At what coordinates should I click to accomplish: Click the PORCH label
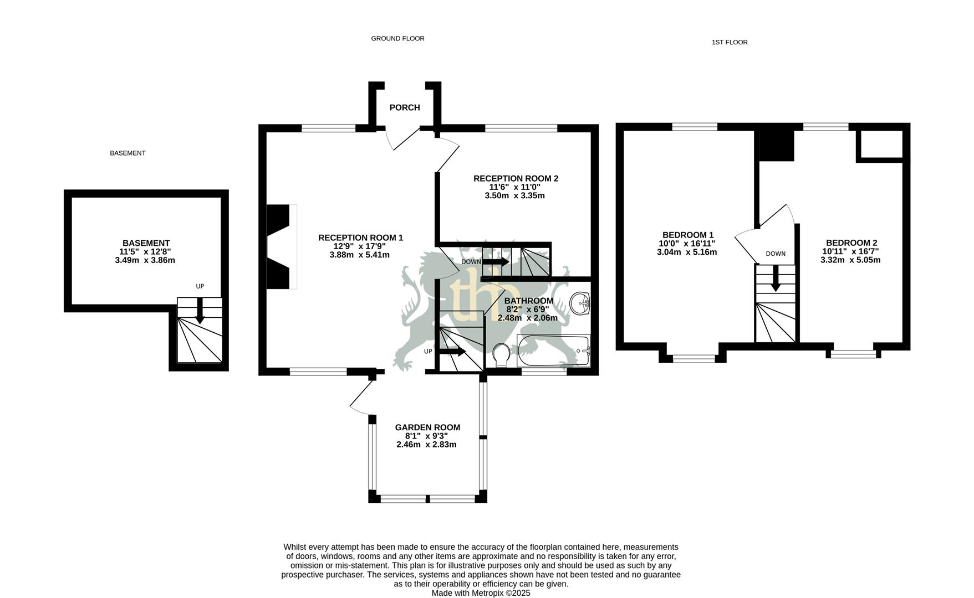click(404, 107)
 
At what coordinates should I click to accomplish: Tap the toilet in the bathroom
click(502, 354)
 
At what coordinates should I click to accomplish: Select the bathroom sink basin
click(580, 303)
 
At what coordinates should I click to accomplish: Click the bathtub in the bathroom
click(553, 350)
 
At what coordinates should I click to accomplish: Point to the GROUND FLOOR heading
click(397, 39)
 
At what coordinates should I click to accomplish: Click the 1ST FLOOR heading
click(729, 42)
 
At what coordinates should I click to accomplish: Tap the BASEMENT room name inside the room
click(146, 243)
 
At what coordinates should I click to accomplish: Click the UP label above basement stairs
click(200, 286)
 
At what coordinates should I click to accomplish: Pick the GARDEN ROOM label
click(427, 427)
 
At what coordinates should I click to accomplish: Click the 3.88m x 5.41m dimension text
click(359, 255)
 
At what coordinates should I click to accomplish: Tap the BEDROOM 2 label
click(851, 243)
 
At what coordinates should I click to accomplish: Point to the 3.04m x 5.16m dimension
click(686, 252)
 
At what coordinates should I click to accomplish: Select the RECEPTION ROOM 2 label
click(516, 178)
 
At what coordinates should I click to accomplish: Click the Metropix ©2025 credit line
click(481, 593)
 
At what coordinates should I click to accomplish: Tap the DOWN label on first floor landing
click(776, 254)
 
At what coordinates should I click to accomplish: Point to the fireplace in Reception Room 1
click(279, 246)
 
